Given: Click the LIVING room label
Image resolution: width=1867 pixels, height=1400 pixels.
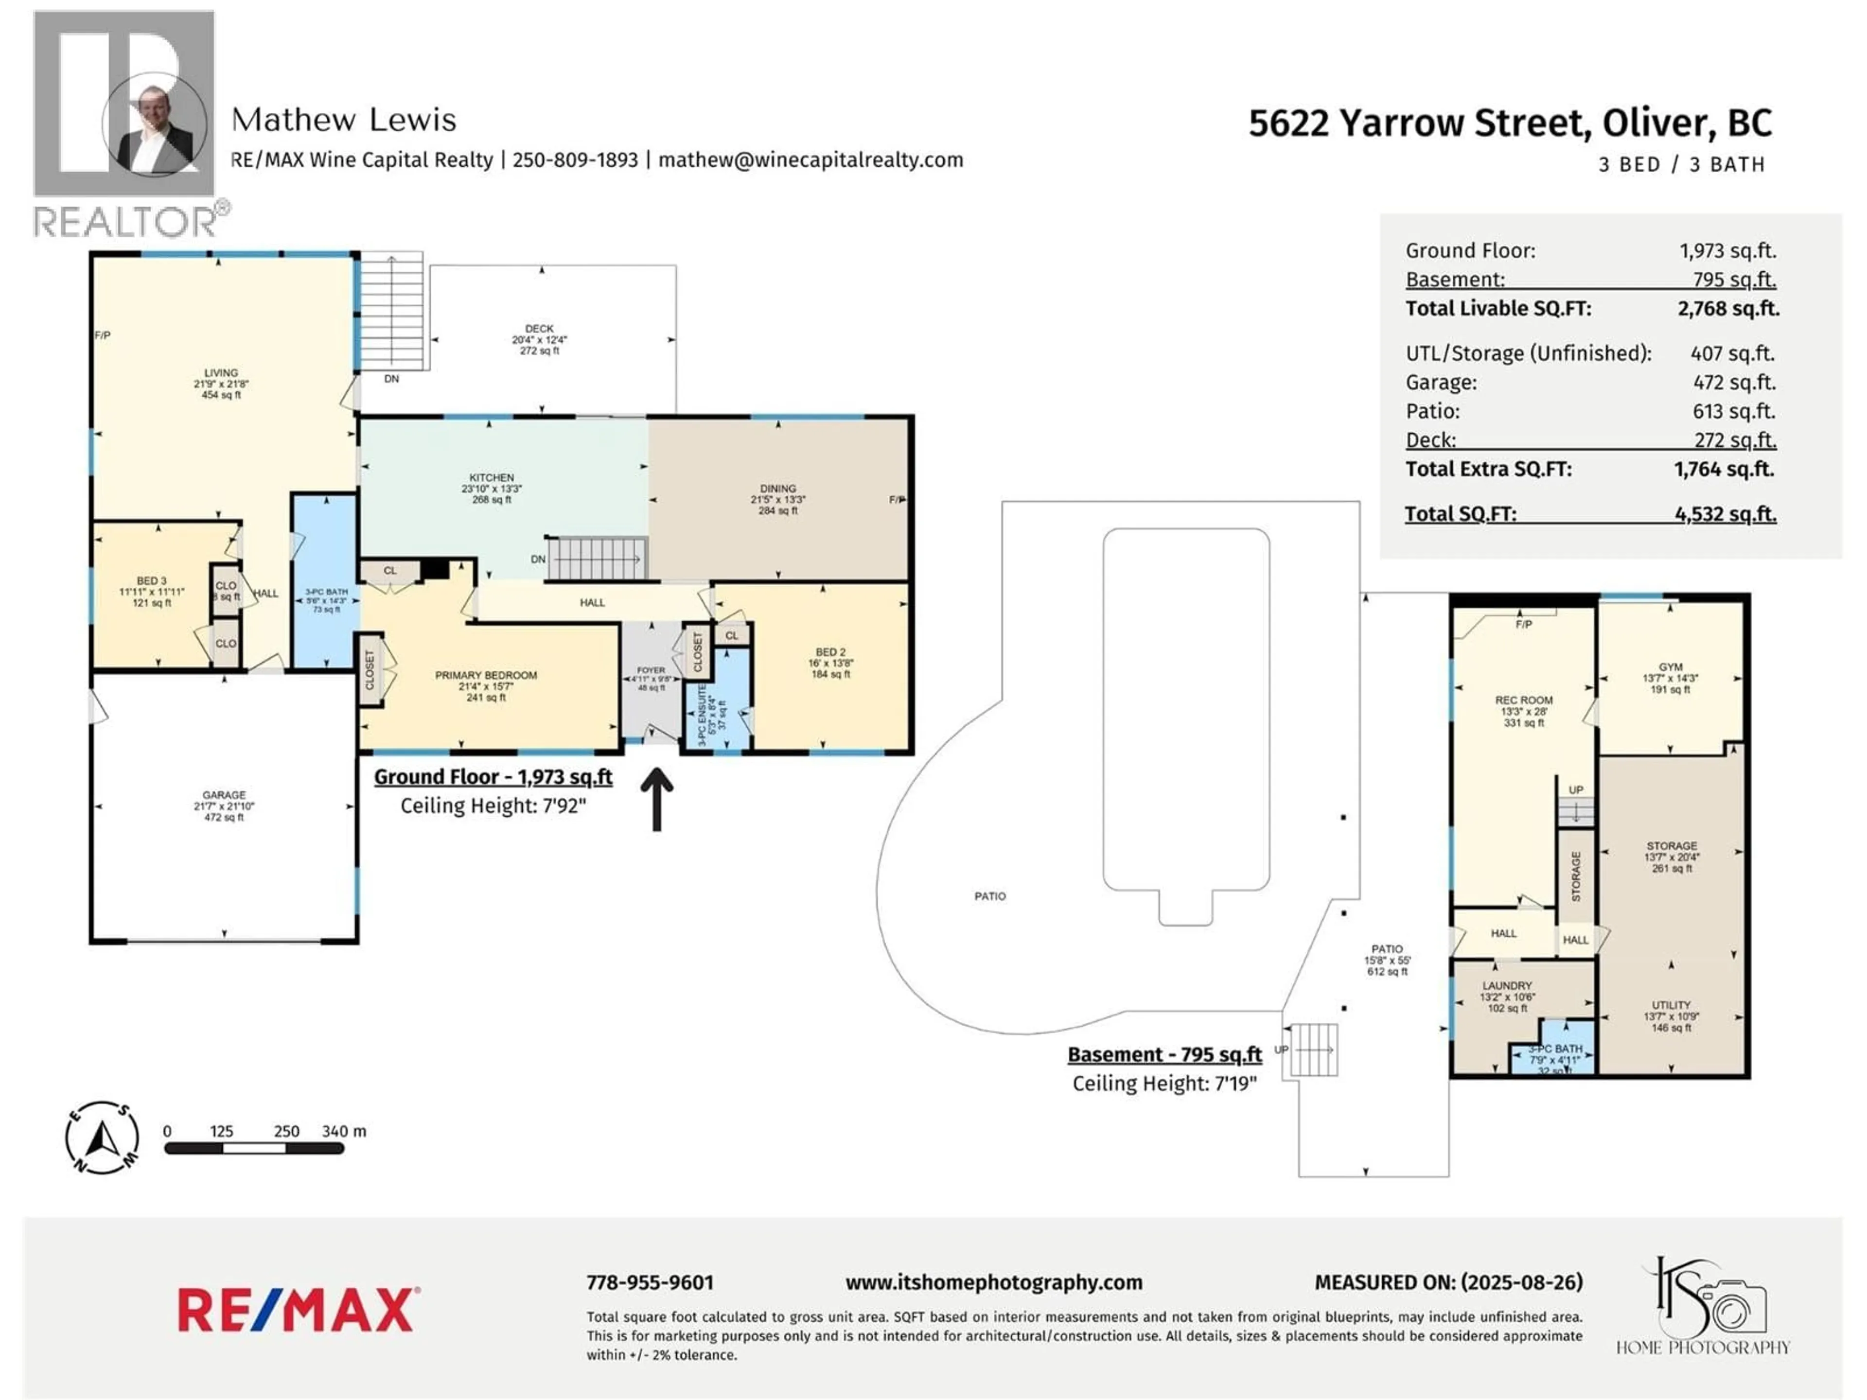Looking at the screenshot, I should [x=221, y=373].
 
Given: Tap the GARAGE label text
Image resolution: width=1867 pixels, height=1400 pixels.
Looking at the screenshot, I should [x=224, y=795].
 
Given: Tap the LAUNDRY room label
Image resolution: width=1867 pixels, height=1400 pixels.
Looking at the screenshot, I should [x=1507, y=986].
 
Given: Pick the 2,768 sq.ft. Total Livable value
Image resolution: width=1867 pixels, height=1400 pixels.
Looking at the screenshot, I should [x=1728, y=309].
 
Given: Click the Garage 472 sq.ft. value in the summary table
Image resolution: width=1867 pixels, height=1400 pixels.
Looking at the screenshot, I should [x=1734, y=382].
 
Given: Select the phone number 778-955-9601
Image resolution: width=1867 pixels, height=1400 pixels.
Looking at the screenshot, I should [x=650, y=1283].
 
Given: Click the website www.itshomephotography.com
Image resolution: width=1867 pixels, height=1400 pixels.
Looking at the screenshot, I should [x=993, y=1283].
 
